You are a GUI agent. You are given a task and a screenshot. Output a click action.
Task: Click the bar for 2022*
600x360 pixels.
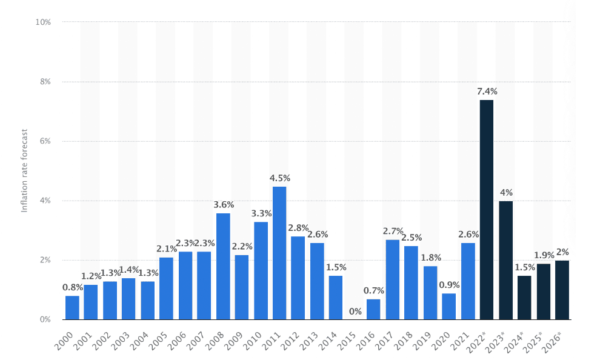[x=487, y=209]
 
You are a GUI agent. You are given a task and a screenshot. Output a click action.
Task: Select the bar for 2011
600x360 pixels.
[x=279, y=253]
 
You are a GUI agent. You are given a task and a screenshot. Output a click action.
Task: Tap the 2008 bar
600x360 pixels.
[x=223, y=266]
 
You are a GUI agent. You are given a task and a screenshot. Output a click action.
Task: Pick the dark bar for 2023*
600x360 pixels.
[x=505, y=260]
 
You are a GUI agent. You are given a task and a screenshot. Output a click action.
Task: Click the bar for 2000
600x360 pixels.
[x=72, y=307]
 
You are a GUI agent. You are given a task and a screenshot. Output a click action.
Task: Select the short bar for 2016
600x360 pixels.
[x=373, y=309]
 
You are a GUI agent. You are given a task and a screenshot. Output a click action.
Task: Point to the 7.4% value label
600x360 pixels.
[x=487, y=92]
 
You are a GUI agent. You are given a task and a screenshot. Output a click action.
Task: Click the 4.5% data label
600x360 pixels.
[x=279, y=178]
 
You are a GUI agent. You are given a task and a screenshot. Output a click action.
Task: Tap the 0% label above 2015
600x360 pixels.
[x=355, y=312]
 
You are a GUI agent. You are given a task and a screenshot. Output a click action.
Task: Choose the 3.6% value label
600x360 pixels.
[x=223, y=205]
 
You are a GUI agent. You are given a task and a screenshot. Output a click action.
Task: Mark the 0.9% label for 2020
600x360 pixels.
[x=449, y=285]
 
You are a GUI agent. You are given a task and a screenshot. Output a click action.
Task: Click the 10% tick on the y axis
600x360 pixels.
[x=43, y=22]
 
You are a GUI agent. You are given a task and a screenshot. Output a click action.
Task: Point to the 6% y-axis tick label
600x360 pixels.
[x=45, y=141]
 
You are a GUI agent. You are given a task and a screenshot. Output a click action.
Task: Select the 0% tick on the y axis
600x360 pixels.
[x=45, y=319]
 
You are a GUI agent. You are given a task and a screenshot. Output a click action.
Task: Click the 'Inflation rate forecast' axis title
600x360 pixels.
[x=25, y=170]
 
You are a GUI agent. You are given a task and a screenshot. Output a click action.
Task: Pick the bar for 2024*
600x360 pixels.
[x=524, y=298]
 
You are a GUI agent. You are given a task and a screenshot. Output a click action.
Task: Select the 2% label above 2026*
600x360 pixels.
[x=562, y=252]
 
